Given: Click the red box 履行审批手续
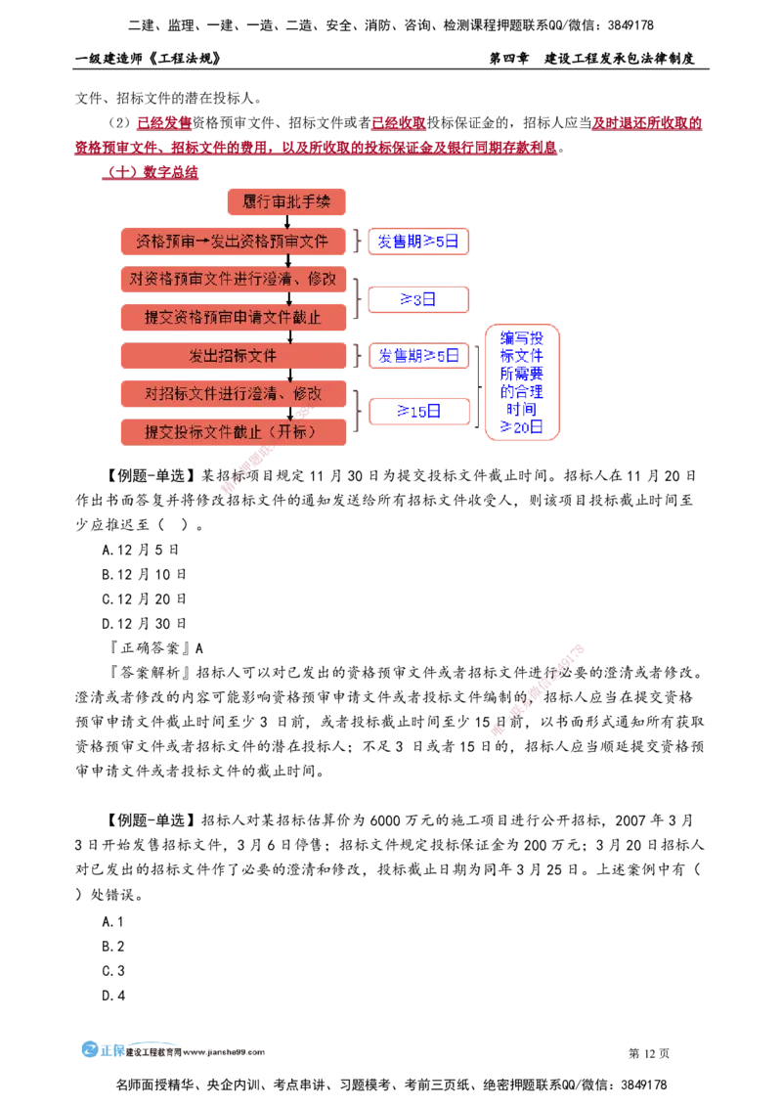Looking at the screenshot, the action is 286,201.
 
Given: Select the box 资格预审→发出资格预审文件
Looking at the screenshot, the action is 233,242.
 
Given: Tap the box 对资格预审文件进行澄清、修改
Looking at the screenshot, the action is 233,279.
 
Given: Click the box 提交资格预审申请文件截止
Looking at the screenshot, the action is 233,317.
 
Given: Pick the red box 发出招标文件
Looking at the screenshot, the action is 233,356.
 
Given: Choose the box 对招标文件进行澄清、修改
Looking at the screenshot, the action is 233,393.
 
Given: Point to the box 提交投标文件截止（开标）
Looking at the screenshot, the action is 233,432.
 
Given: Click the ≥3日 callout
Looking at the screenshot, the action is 418,299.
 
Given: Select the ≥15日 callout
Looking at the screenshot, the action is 419,411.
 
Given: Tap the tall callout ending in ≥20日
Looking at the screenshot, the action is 522,382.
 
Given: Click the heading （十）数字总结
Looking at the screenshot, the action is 151,172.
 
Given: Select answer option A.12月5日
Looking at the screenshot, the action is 141,550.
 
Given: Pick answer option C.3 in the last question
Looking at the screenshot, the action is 113,971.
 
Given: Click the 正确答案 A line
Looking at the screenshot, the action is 155,648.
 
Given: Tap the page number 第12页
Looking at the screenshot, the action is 649,1053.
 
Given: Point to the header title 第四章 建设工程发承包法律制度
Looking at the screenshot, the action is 592,59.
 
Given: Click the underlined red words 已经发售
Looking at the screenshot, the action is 164,123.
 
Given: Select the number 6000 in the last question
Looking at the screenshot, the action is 385,820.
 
